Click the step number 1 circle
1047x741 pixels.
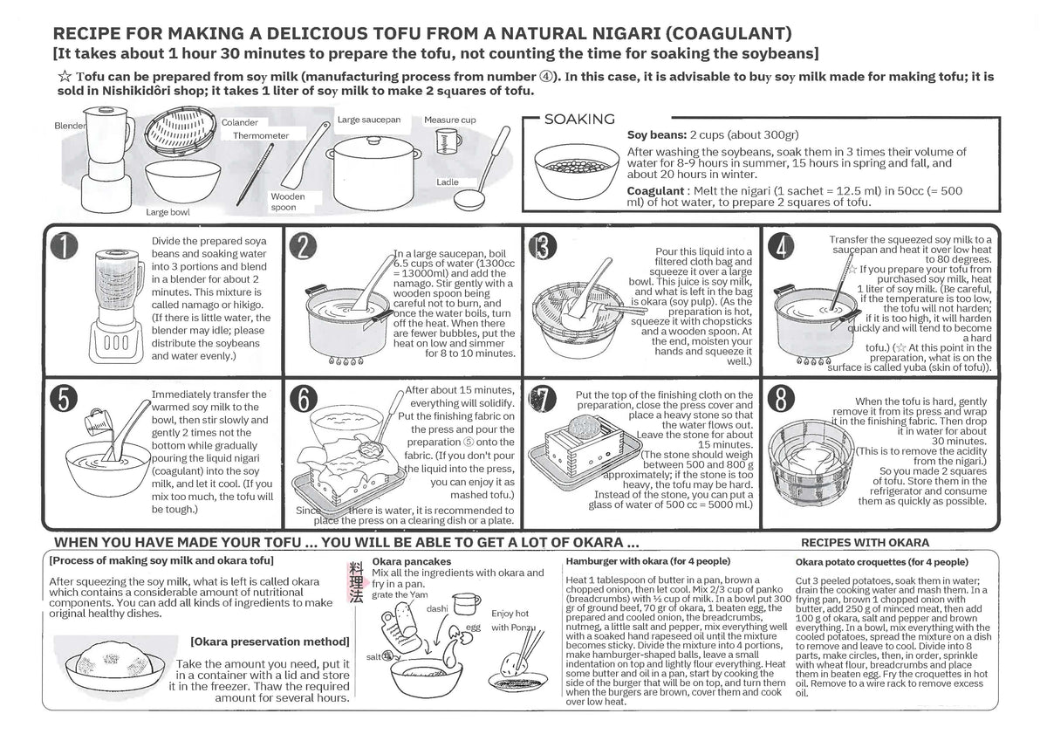click(64, 245)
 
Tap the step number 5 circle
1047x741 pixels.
click(64, 399)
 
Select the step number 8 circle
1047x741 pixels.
click(781, 399)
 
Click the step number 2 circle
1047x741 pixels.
click(303, 246)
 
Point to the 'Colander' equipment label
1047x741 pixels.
click(239, 122)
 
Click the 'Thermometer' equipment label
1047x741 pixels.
click(261, 135)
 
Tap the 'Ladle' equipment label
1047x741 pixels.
click(448, 182)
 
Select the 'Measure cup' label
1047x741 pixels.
click(449, 120)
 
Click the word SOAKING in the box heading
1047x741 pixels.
click(579, 120)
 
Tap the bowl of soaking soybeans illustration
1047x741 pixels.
click(577, 171)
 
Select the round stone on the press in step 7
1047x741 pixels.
click(584, 427)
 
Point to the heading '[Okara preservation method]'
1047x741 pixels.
click(270, 642)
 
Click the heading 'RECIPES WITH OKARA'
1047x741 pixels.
click(866, 542)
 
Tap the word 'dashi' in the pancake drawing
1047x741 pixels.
click(437, 608)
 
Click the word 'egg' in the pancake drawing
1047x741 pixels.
click(473, 628)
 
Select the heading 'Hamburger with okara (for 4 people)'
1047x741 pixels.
click(647, 561)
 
